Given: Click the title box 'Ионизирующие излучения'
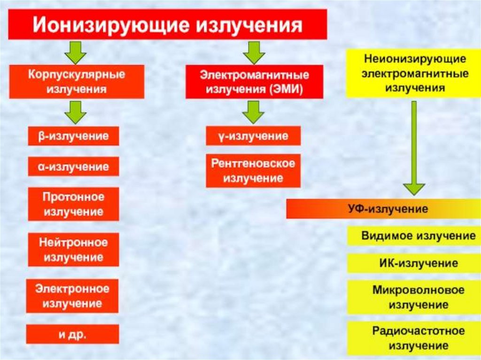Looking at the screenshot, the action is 167,24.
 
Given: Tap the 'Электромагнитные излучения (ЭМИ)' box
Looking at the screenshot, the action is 254,82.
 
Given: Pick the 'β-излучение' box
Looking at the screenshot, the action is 73,136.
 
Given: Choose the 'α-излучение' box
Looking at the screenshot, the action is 73,166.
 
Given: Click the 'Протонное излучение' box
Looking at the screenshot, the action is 73,204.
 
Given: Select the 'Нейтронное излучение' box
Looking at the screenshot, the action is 73,250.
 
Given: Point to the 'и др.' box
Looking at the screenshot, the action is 73,334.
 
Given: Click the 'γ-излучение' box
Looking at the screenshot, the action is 253,136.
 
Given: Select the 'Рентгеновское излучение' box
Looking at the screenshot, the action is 253,171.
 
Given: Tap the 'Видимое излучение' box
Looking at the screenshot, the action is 413,236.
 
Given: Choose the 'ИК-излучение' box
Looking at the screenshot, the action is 413,263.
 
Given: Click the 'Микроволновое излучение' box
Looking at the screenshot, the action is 413,297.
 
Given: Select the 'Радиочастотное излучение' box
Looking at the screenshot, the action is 413,338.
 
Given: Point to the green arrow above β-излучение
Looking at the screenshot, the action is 76,112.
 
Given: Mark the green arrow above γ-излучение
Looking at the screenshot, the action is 254,112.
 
